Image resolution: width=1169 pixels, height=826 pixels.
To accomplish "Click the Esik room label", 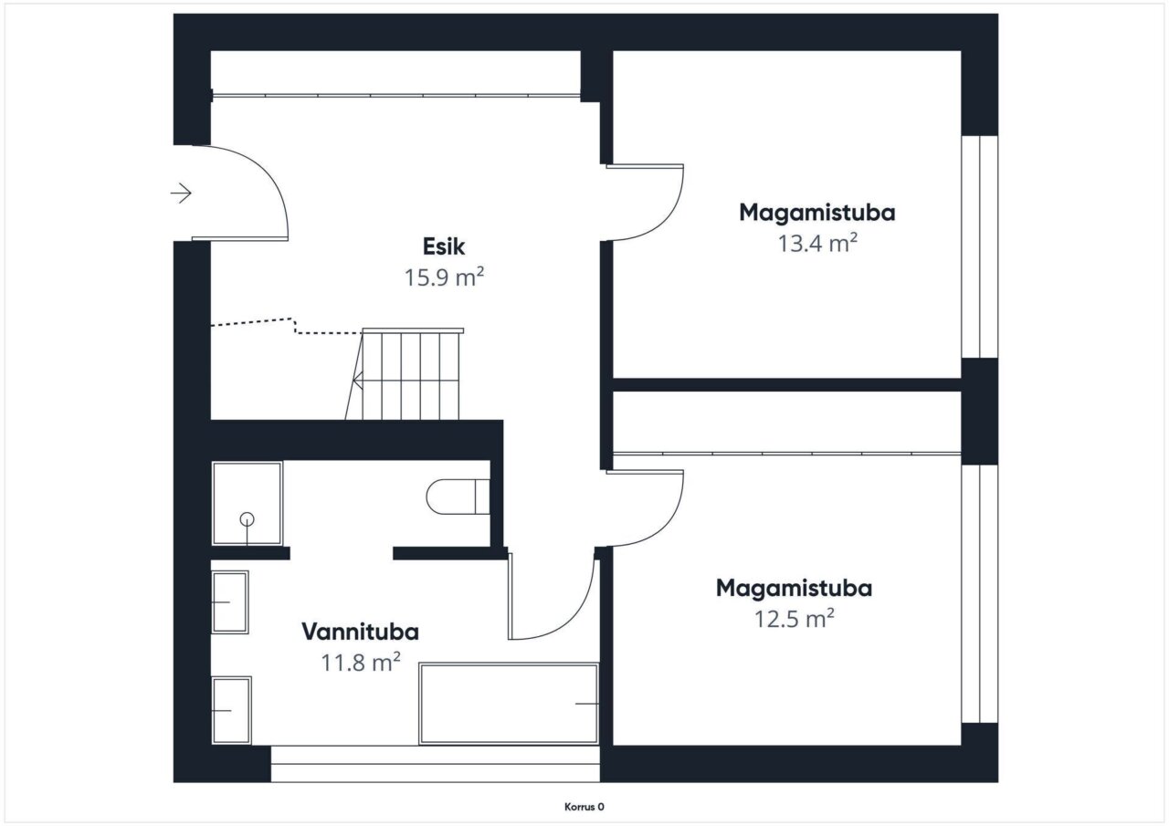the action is pos(444,246).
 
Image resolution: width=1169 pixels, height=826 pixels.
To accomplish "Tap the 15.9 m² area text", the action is pos(444,277).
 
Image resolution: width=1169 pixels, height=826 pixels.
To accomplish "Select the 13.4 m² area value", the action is pos(817,243).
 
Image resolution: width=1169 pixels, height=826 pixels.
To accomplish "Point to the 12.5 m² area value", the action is pos(794,619).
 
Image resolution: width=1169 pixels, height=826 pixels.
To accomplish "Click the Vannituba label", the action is pos(360,632).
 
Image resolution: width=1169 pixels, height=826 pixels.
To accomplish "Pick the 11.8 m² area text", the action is pos(360,663).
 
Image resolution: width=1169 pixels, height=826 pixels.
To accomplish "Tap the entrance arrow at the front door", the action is pos(181,193).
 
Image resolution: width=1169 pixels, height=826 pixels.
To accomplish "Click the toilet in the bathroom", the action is pos(458,497).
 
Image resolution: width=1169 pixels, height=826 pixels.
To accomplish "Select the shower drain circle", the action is pos(247,519).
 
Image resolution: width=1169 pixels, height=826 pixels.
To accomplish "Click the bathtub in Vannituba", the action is pos(509,704).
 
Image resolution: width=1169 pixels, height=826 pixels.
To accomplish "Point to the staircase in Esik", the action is pos(405,374).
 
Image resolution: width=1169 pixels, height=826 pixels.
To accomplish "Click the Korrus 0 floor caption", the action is pos(584,807).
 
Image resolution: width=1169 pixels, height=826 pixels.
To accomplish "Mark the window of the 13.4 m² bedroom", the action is pos(980,246).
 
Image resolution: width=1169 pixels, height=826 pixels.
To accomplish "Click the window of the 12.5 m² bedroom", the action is pos(980,593).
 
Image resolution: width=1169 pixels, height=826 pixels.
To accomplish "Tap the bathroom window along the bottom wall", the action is pos(436,764).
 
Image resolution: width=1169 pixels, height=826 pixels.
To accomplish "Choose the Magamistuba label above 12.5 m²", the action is pos(794,589).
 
